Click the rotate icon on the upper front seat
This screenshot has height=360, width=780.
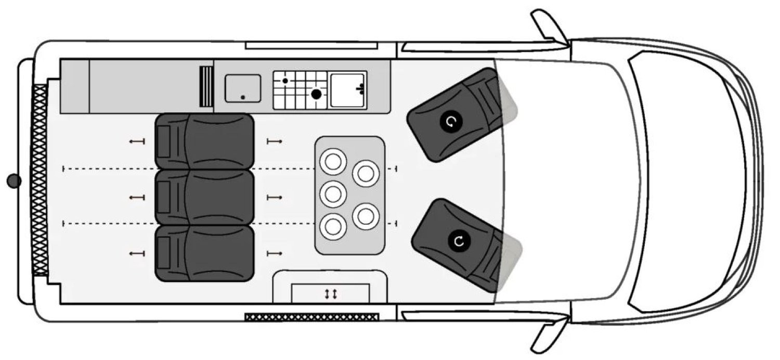tap(450, 122)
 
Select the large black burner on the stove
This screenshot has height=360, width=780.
tap(316, 94)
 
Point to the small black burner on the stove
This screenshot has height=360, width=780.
tap(285, 81)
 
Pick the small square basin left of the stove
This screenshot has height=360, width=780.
tap(243, 88)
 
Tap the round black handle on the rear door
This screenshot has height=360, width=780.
tap(14, 181)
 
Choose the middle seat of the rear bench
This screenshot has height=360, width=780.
tap(204, 197)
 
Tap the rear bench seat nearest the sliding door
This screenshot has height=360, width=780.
tap(204, 253)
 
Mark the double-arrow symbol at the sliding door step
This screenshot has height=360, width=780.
tap(331, 294)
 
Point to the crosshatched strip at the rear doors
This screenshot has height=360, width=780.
tap(40, 180)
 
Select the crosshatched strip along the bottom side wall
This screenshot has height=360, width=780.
tap(311, 317)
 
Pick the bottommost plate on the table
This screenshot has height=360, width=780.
tap(333, 226)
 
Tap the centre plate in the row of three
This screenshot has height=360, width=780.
tap(333, 195)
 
